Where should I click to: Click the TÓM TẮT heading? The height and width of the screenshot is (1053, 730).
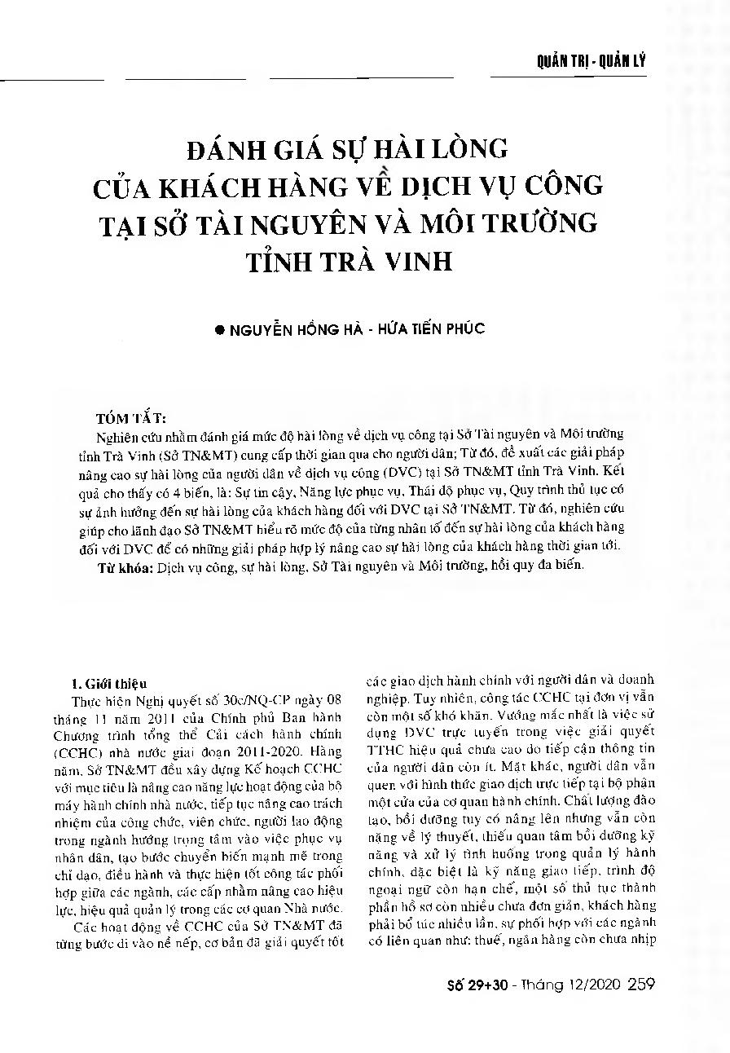130,419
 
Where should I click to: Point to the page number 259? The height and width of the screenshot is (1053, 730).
641,985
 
